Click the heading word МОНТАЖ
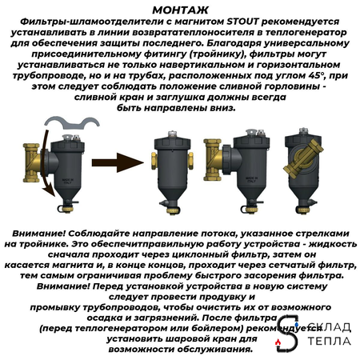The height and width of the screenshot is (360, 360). (180, 9)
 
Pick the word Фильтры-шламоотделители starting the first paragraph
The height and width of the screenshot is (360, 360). (75, 21)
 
